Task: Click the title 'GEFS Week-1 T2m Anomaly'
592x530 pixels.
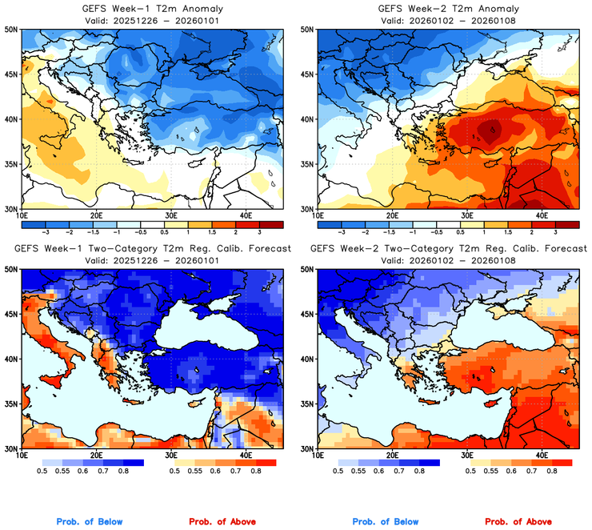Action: tap(152, 8)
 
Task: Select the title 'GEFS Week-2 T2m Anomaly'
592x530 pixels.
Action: tap(447, 8)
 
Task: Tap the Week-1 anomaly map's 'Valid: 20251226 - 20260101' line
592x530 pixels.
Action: tap(152, 19)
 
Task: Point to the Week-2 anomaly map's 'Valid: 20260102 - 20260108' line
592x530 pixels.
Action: tap(447, 19)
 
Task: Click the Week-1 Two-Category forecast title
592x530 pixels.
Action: tap(152, 249)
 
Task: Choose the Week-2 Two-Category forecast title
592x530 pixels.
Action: tap(447, 249)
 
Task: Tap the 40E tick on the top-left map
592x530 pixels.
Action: tap(246, 215)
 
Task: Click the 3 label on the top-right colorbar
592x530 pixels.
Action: tap(556, 229)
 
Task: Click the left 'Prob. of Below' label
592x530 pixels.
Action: tap(90, 522)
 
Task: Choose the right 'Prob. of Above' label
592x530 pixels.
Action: tap(521, 522)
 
